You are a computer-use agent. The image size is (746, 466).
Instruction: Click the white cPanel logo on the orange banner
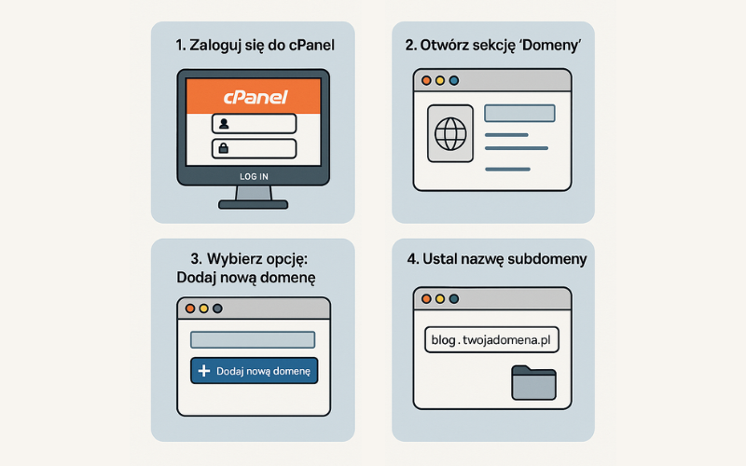click(256, 97)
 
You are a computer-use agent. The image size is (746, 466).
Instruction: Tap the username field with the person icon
click(254, 124)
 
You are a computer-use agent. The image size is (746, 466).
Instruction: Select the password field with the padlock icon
click(254, 149)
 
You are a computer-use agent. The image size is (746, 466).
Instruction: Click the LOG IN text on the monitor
click(254, 176)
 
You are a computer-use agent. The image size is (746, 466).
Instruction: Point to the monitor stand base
click(253, 205)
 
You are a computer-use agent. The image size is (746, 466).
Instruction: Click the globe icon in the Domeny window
click(450, 133)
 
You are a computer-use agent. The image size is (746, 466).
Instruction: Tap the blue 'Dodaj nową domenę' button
click(254, 371)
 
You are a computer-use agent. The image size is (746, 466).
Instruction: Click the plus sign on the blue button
click(204, 371)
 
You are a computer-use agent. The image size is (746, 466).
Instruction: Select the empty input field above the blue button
click(253, 340)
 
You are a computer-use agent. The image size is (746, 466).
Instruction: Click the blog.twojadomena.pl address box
click(491, 339)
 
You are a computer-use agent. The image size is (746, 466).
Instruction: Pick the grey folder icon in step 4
click(533, 383)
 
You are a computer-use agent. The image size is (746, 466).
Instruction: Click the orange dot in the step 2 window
click(426, 81)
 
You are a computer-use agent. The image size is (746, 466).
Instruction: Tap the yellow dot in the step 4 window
click(440, 299)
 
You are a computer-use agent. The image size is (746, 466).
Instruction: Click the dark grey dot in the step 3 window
click(217, 308)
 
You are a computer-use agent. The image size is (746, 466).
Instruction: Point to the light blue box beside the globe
click(519, 114)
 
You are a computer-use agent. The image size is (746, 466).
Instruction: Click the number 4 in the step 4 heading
click(411, 259)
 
